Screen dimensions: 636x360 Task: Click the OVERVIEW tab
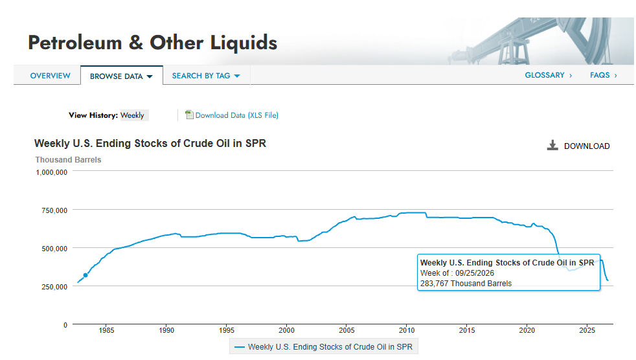click(51, 76)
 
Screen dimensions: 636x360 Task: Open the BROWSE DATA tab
click(121, 76)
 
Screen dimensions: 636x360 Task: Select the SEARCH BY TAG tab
click(206, 76)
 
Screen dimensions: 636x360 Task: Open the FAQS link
click(604, 75)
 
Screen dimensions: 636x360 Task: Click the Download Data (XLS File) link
click(237, 115)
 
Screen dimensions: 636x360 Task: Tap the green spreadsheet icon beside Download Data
click(189, 115)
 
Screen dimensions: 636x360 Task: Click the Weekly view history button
click(132, 115)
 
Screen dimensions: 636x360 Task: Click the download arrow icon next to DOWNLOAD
click(552, 145)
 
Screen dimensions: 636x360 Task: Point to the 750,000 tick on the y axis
click(54, 210)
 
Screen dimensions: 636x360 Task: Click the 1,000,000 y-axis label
click(52, 172)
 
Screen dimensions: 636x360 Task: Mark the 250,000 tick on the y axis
click(54, 287)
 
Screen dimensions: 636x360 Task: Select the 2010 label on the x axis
click(407, 330)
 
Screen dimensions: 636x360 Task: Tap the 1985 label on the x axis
click(106, 330)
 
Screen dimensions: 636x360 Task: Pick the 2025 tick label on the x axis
click(587, 330)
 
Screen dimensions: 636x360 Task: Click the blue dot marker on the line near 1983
click(85, 275)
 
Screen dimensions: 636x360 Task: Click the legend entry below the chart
click(324, 347)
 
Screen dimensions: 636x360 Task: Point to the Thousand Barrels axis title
click(68, 160)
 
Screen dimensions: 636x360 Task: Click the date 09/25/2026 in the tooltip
click(475, 273)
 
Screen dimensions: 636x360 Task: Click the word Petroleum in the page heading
click(75, 43)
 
